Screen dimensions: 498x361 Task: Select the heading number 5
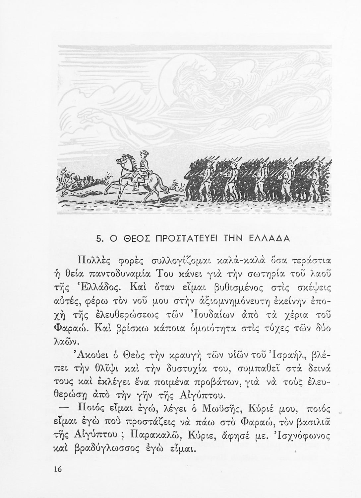pos(98,238)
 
